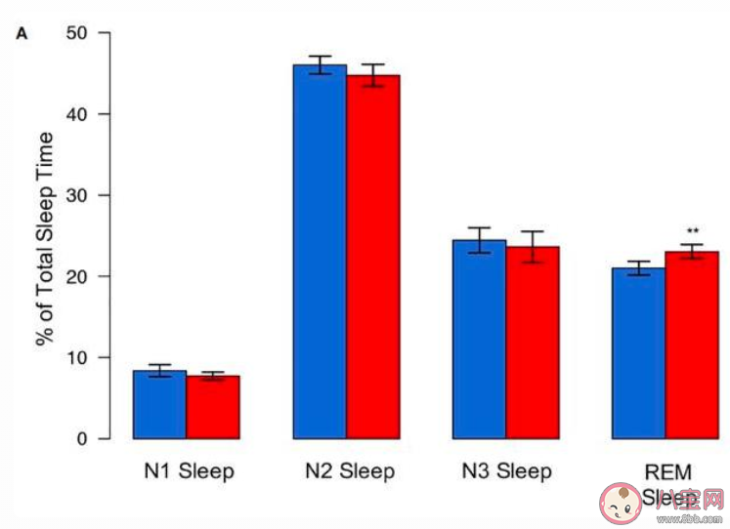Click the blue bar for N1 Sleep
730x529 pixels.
coord(160,405)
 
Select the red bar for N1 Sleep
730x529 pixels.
coord(213,408)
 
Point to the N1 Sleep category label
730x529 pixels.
coord(187,472)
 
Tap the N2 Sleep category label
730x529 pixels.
coord(347,472)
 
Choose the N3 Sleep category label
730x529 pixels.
coord(506,472)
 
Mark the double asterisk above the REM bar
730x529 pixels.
coord(693,231)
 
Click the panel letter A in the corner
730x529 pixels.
coord(21,34)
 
